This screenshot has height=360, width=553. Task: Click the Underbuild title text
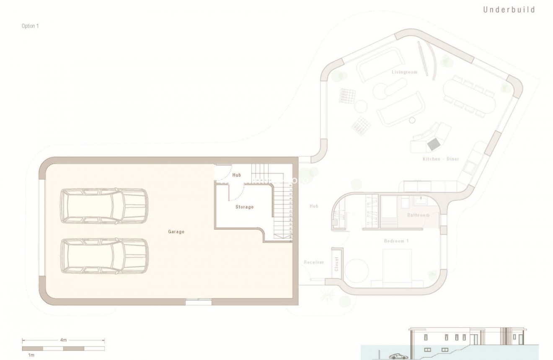point(509,10)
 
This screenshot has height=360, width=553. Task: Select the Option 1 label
point(30,26)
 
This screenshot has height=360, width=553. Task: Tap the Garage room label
point(176,231)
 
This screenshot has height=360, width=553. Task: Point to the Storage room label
point(244,207)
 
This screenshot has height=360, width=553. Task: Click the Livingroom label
point(405,73)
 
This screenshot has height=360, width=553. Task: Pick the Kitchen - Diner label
point(440,159)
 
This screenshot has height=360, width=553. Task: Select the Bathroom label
point(419,215)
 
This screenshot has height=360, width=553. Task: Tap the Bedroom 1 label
point(396,241)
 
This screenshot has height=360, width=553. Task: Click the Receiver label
point(314,262)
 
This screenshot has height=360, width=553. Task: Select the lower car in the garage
point(104,256)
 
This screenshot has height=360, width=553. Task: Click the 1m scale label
point(31,355)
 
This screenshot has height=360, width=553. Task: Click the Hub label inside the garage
point(237,175)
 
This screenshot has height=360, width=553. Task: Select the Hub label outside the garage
point(314,206)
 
